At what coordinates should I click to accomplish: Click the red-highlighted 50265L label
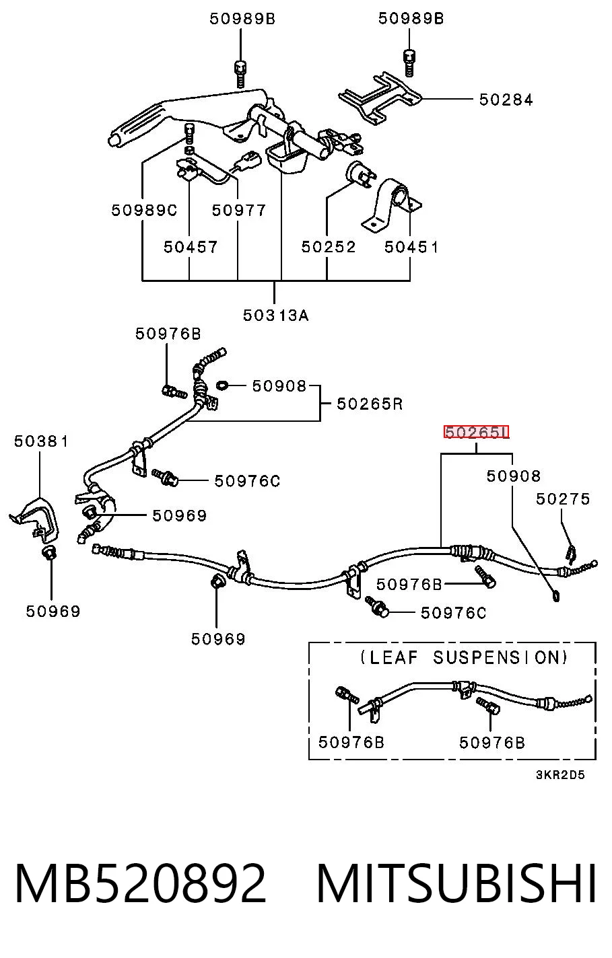[x=476, y=433]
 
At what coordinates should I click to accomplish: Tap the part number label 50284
[x=506, y=100]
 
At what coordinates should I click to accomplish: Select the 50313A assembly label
[x=275, y=316]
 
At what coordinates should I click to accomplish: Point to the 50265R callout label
[x=370, y=404]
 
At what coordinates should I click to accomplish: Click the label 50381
[x=41, y=441]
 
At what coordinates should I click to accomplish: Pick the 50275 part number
[x=563, y=499]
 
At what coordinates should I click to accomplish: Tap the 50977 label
[x=239, y=210]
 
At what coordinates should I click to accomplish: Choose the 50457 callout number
[x=191, y=247]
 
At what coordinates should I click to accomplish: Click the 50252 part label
[x=329, y=247]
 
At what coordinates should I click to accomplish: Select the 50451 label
[x=411, y=247]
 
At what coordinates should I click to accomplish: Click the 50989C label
[x=144, y=210]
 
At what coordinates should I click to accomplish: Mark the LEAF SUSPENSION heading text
[x=464, y=657]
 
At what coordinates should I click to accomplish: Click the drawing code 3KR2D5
[x=560, y=774]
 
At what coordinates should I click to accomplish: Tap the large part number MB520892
[x=140, y=883]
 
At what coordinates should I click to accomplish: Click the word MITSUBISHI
[x=456, y=883]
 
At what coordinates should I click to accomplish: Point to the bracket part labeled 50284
[x=379, y=99]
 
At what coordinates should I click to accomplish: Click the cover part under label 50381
[x=35, y=519]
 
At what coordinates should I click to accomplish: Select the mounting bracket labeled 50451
[x=390, y=205]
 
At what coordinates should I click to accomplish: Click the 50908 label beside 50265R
[x=279, y=385]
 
